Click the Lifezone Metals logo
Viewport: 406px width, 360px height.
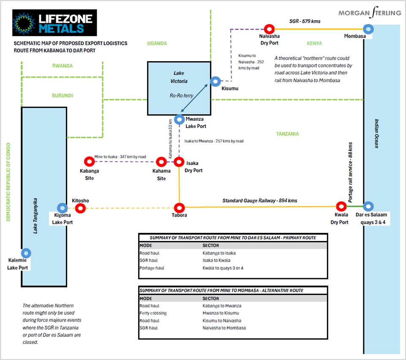point(54,23)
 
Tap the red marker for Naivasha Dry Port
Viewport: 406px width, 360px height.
point(269,29)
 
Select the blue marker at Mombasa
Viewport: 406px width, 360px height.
point(369,29)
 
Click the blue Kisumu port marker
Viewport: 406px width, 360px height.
point(215,81)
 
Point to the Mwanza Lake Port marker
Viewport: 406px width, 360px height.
point(179,119)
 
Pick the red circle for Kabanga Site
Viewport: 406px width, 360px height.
point(89,162)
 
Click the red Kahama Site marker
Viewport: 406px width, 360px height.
point(161,162)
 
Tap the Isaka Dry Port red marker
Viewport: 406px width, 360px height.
point(179,162)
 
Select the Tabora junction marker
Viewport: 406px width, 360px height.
point(179,207)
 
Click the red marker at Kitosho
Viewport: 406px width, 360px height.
point(80,208)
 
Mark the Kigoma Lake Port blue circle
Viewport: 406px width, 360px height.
point(62,208)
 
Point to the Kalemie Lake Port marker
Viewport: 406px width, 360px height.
point(26,253)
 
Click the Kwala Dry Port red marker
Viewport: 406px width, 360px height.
point(341,207)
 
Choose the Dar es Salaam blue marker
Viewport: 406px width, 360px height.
point(368,207)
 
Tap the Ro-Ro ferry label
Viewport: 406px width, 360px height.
point(181,96)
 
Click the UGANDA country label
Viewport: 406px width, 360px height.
point(157,43)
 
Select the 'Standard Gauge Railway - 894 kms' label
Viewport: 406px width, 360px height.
point(260,201)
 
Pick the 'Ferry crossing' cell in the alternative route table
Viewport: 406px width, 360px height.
point(153,313)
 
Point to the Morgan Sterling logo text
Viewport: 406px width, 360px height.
point(370,13)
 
